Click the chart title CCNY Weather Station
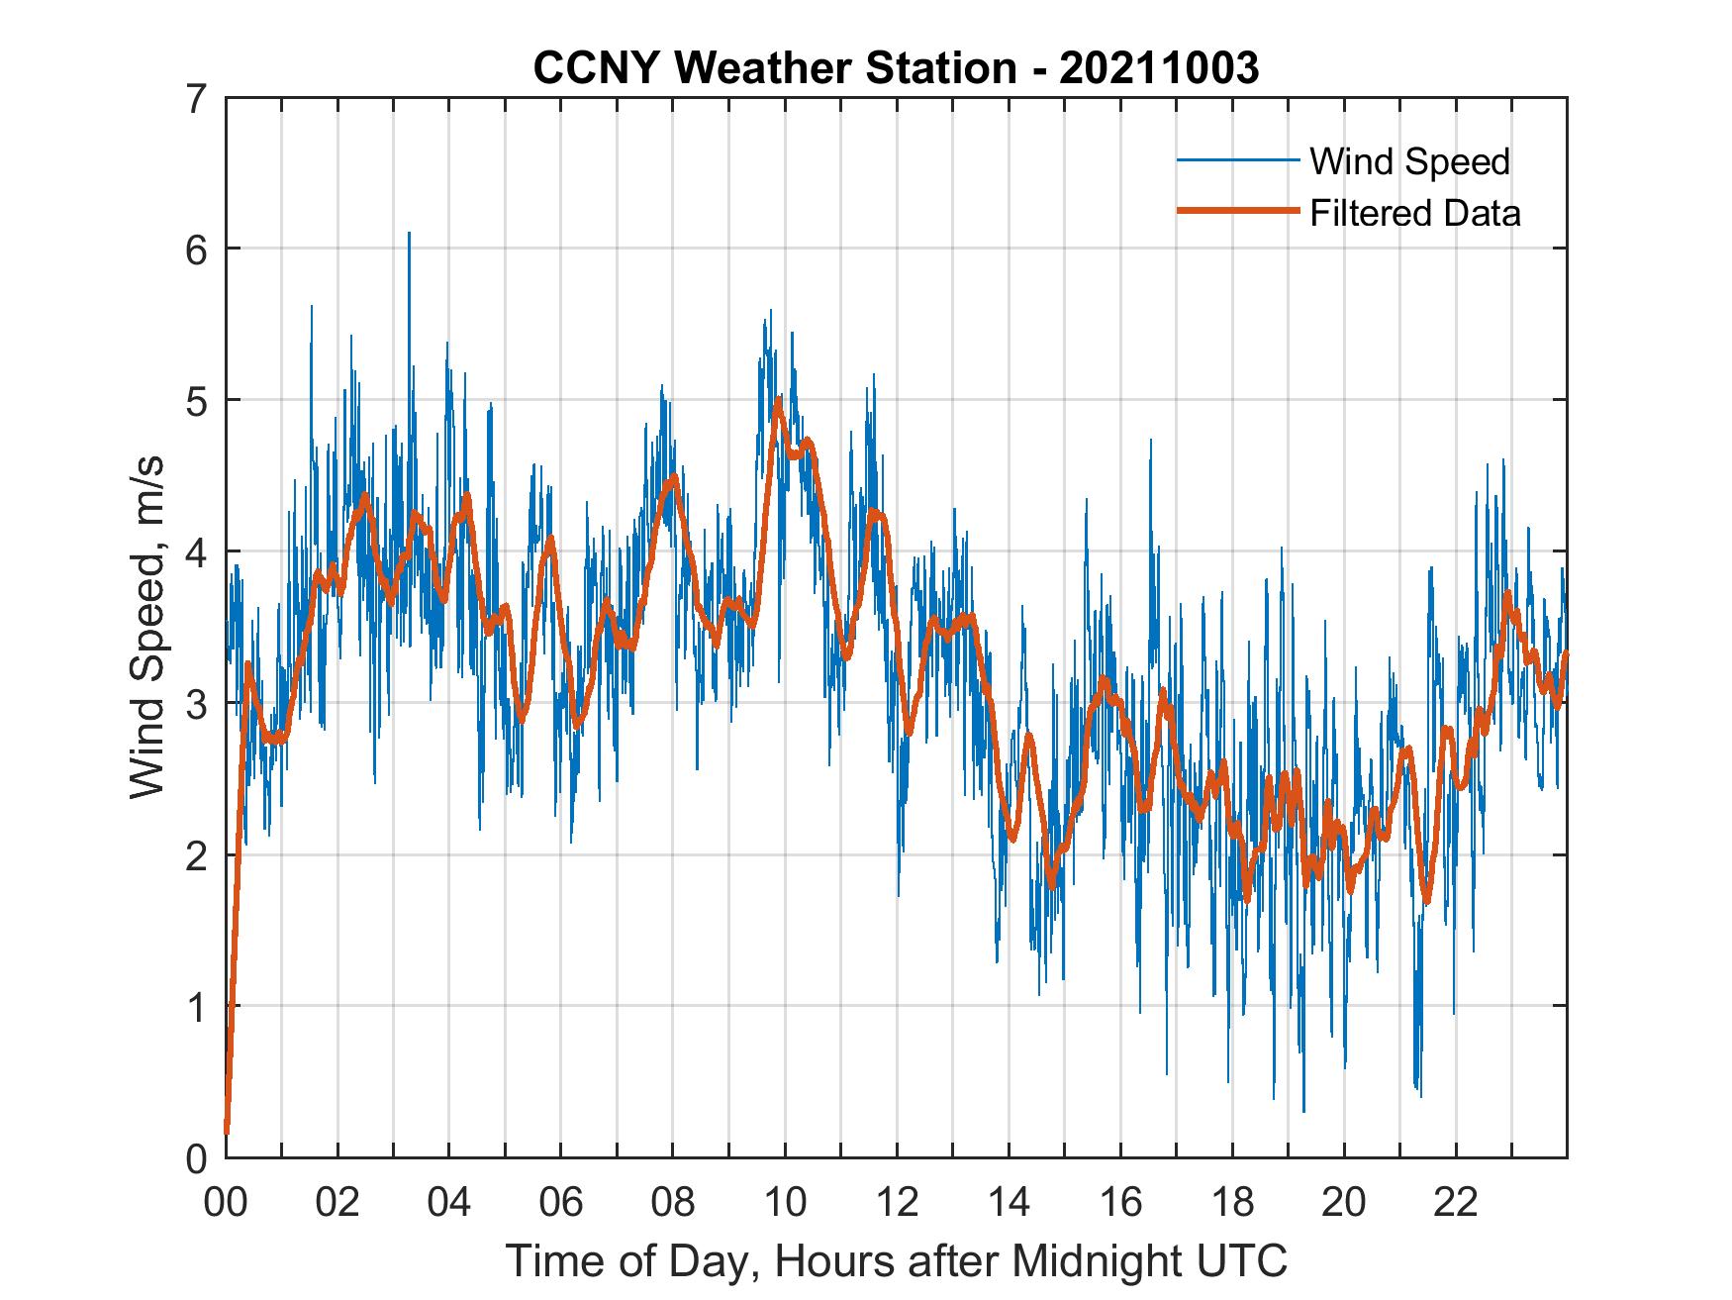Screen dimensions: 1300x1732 coord(774,68)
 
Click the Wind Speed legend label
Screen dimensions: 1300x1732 coord(1409,161)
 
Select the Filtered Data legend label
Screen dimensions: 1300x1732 coord(1414,213)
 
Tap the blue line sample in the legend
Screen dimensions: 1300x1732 coord(1237,161)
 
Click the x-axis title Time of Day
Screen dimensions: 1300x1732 coord(896,1260)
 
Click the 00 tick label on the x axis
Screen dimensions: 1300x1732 coord(226,1202)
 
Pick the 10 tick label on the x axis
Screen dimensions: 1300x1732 coord(785,1202)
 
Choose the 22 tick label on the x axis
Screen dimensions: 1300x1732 coord(1456,1202)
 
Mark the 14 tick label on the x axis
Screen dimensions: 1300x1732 coord(1009,1202)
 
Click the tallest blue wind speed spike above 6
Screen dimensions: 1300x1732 coord(409,236)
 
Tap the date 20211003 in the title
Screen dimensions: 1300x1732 coord(1159,68)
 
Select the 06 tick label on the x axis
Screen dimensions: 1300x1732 coord(561,1202)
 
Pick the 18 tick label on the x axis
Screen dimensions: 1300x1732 coord(1232,1202)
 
